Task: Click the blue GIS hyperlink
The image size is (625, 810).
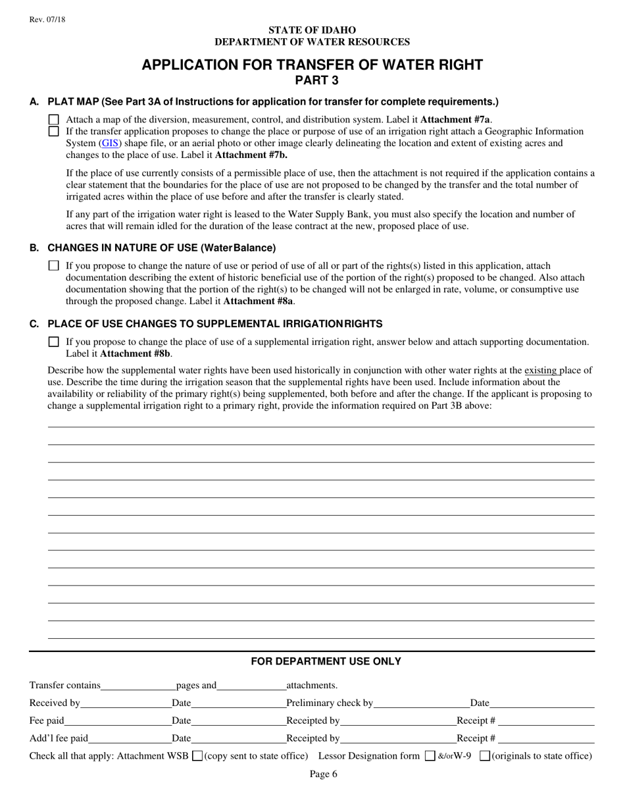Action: (x=111, y=143)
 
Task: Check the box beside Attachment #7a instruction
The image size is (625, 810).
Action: (x=54, y=120)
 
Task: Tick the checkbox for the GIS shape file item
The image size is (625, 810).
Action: (x=54, y=131)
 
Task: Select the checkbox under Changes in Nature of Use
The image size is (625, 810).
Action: (x=54, y=266)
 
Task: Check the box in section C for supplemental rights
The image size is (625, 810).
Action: (x=54, y=342)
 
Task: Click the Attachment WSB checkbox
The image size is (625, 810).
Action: (x=197, y=756)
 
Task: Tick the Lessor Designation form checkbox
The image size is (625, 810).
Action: (x=430, y=756)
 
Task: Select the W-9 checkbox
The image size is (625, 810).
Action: (x=484, y=756)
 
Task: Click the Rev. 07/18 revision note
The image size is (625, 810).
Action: (x=47, y=20)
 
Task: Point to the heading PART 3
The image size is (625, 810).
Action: (x=312, y=81)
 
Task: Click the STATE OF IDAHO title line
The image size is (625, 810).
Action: (x=312, y=30)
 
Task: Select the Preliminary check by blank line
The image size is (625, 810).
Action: (x=421, y=703)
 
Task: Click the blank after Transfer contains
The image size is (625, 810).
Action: (x=138, y=686)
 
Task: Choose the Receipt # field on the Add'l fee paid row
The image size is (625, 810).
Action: (x=546, y=739)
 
